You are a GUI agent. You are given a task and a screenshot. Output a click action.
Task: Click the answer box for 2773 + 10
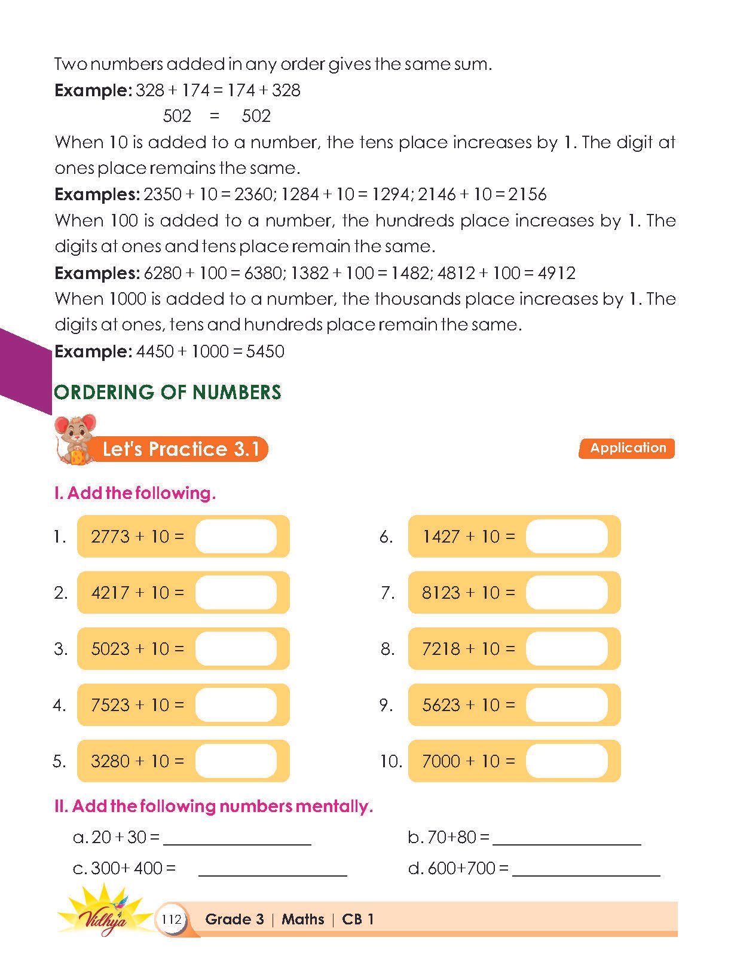(x=236, y=537)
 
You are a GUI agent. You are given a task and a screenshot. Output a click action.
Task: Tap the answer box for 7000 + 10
(x=567, y=761)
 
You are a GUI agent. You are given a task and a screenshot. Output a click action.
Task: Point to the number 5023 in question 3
(x=110, y=649)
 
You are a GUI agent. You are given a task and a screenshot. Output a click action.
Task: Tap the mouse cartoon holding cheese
(x=74, y=440)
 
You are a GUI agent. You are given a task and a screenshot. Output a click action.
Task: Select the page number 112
(x=172, y=919)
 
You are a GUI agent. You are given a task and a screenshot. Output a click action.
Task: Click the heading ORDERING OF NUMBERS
(x=167, y=392)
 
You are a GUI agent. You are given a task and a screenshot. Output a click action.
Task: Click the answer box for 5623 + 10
(x=567, y=705)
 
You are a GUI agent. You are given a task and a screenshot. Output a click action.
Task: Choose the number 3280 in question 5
(x=110, y=761)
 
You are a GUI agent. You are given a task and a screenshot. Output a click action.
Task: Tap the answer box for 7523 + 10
(x=236, y=705)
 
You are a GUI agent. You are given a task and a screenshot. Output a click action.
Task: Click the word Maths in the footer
(x=302, y=919)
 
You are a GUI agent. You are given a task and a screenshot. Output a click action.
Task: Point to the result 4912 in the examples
(x=556, y=273)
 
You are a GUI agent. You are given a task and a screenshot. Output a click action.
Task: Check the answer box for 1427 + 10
(x=567, y=537)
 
